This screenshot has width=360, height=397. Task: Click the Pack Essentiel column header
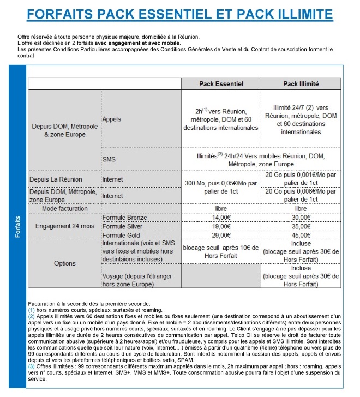(221, 84)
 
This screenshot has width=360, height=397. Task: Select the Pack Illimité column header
(301, 84)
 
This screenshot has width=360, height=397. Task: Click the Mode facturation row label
(65, 208)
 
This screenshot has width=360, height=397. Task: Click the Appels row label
(112, 118)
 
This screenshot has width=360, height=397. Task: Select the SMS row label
(109, 159)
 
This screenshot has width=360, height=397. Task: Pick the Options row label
(65, 263)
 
